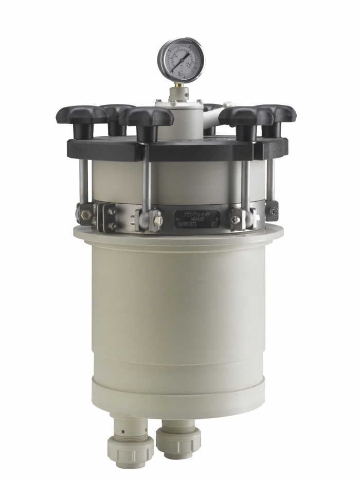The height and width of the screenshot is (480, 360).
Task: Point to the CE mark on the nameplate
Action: [x=215, y=224]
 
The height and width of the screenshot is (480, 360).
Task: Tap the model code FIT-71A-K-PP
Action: [x=197, y=212]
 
